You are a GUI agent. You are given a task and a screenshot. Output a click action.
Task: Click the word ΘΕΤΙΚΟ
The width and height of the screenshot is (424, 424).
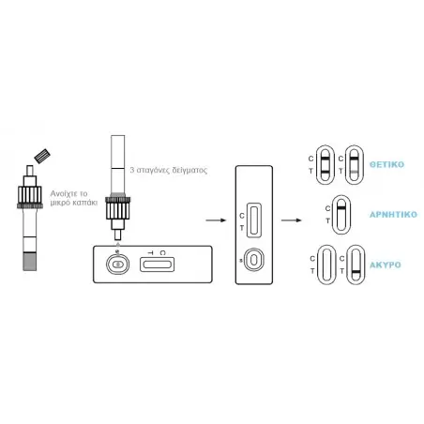point(386,164)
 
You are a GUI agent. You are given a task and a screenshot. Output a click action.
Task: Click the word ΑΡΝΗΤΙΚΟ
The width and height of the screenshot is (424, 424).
point(393,215)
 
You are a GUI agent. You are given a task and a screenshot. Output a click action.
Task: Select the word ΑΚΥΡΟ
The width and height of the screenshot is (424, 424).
point(386,265)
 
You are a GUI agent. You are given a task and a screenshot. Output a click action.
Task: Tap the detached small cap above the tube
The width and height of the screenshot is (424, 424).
point(42,156)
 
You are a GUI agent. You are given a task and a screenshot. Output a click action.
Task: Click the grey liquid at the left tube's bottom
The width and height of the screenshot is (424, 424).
point(30,262)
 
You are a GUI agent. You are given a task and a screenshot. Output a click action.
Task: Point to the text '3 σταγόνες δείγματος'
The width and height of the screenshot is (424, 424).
point(169,171)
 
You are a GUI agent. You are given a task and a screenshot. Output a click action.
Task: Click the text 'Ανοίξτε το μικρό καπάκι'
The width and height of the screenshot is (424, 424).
point(74,198)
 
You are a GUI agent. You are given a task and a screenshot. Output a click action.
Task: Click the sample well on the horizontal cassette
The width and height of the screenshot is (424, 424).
point(117,265)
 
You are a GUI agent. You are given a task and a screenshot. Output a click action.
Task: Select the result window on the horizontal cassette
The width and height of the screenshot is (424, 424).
point(157,265)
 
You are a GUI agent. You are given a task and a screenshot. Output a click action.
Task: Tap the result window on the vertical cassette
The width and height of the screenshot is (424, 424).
point(254,220)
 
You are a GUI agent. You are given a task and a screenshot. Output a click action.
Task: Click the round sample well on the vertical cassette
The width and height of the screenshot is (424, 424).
point(254,260)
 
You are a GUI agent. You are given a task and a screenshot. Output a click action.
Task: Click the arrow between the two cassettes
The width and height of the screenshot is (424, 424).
point(216,220)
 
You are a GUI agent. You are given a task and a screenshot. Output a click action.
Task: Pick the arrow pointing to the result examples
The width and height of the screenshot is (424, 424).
point(291,220)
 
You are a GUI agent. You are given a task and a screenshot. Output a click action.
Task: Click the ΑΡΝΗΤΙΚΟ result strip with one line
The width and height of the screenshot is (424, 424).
point(341,215)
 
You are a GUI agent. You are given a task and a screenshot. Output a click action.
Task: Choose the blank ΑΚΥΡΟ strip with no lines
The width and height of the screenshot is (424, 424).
point(326,265)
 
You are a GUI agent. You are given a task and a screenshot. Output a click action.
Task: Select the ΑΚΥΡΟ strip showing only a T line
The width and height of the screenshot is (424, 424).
point(356,265)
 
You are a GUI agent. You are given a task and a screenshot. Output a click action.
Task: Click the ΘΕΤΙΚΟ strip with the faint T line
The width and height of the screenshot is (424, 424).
point(355,164)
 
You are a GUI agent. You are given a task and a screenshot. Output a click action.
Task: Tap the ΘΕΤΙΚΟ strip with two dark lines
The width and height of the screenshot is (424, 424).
point(326,164)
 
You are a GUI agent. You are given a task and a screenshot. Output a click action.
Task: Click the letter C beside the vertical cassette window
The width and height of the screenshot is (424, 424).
point(242,216)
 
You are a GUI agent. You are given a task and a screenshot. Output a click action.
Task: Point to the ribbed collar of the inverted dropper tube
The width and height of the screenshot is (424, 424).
point(117,208)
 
